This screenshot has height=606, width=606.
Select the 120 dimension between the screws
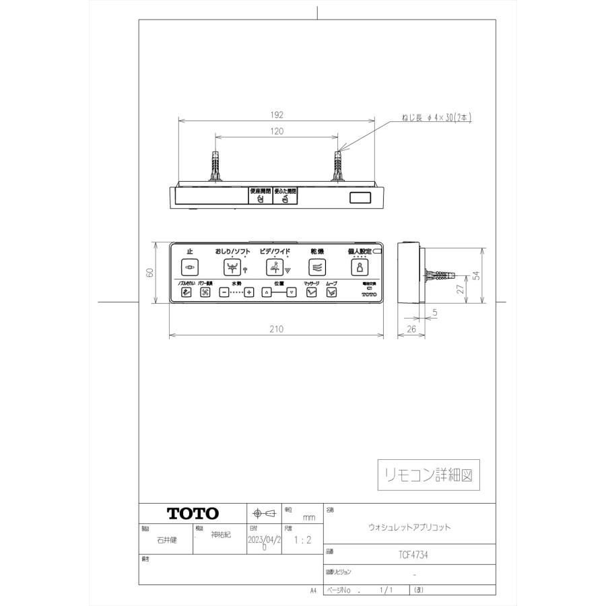pos(277,132)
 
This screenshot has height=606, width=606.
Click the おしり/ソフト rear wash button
pos(232,267)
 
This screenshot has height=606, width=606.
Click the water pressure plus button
pos(249,292)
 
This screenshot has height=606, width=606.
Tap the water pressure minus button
pos(224,292)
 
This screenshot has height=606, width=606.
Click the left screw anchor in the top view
pos(216,167)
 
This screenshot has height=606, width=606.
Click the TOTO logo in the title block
pos(193,513)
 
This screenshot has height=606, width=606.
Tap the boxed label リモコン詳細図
pos(428,475)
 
